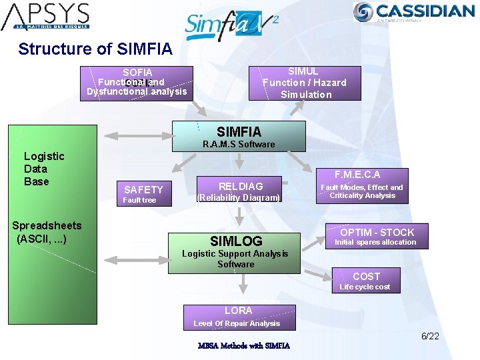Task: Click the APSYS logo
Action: (45, 17)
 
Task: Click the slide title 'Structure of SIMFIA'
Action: (95, 49)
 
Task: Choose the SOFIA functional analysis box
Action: (137, 83)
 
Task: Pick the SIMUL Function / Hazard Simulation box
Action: (305, 83)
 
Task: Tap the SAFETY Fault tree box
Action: (143, 193)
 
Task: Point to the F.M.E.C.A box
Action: (362, 185)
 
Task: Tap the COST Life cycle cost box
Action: (366, 280)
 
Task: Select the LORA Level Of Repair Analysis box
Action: (238, 317)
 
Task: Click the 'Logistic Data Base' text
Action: (44, 169)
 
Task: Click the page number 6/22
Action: (430, 337)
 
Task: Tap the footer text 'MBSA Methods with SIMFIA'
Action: (243, 346)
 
